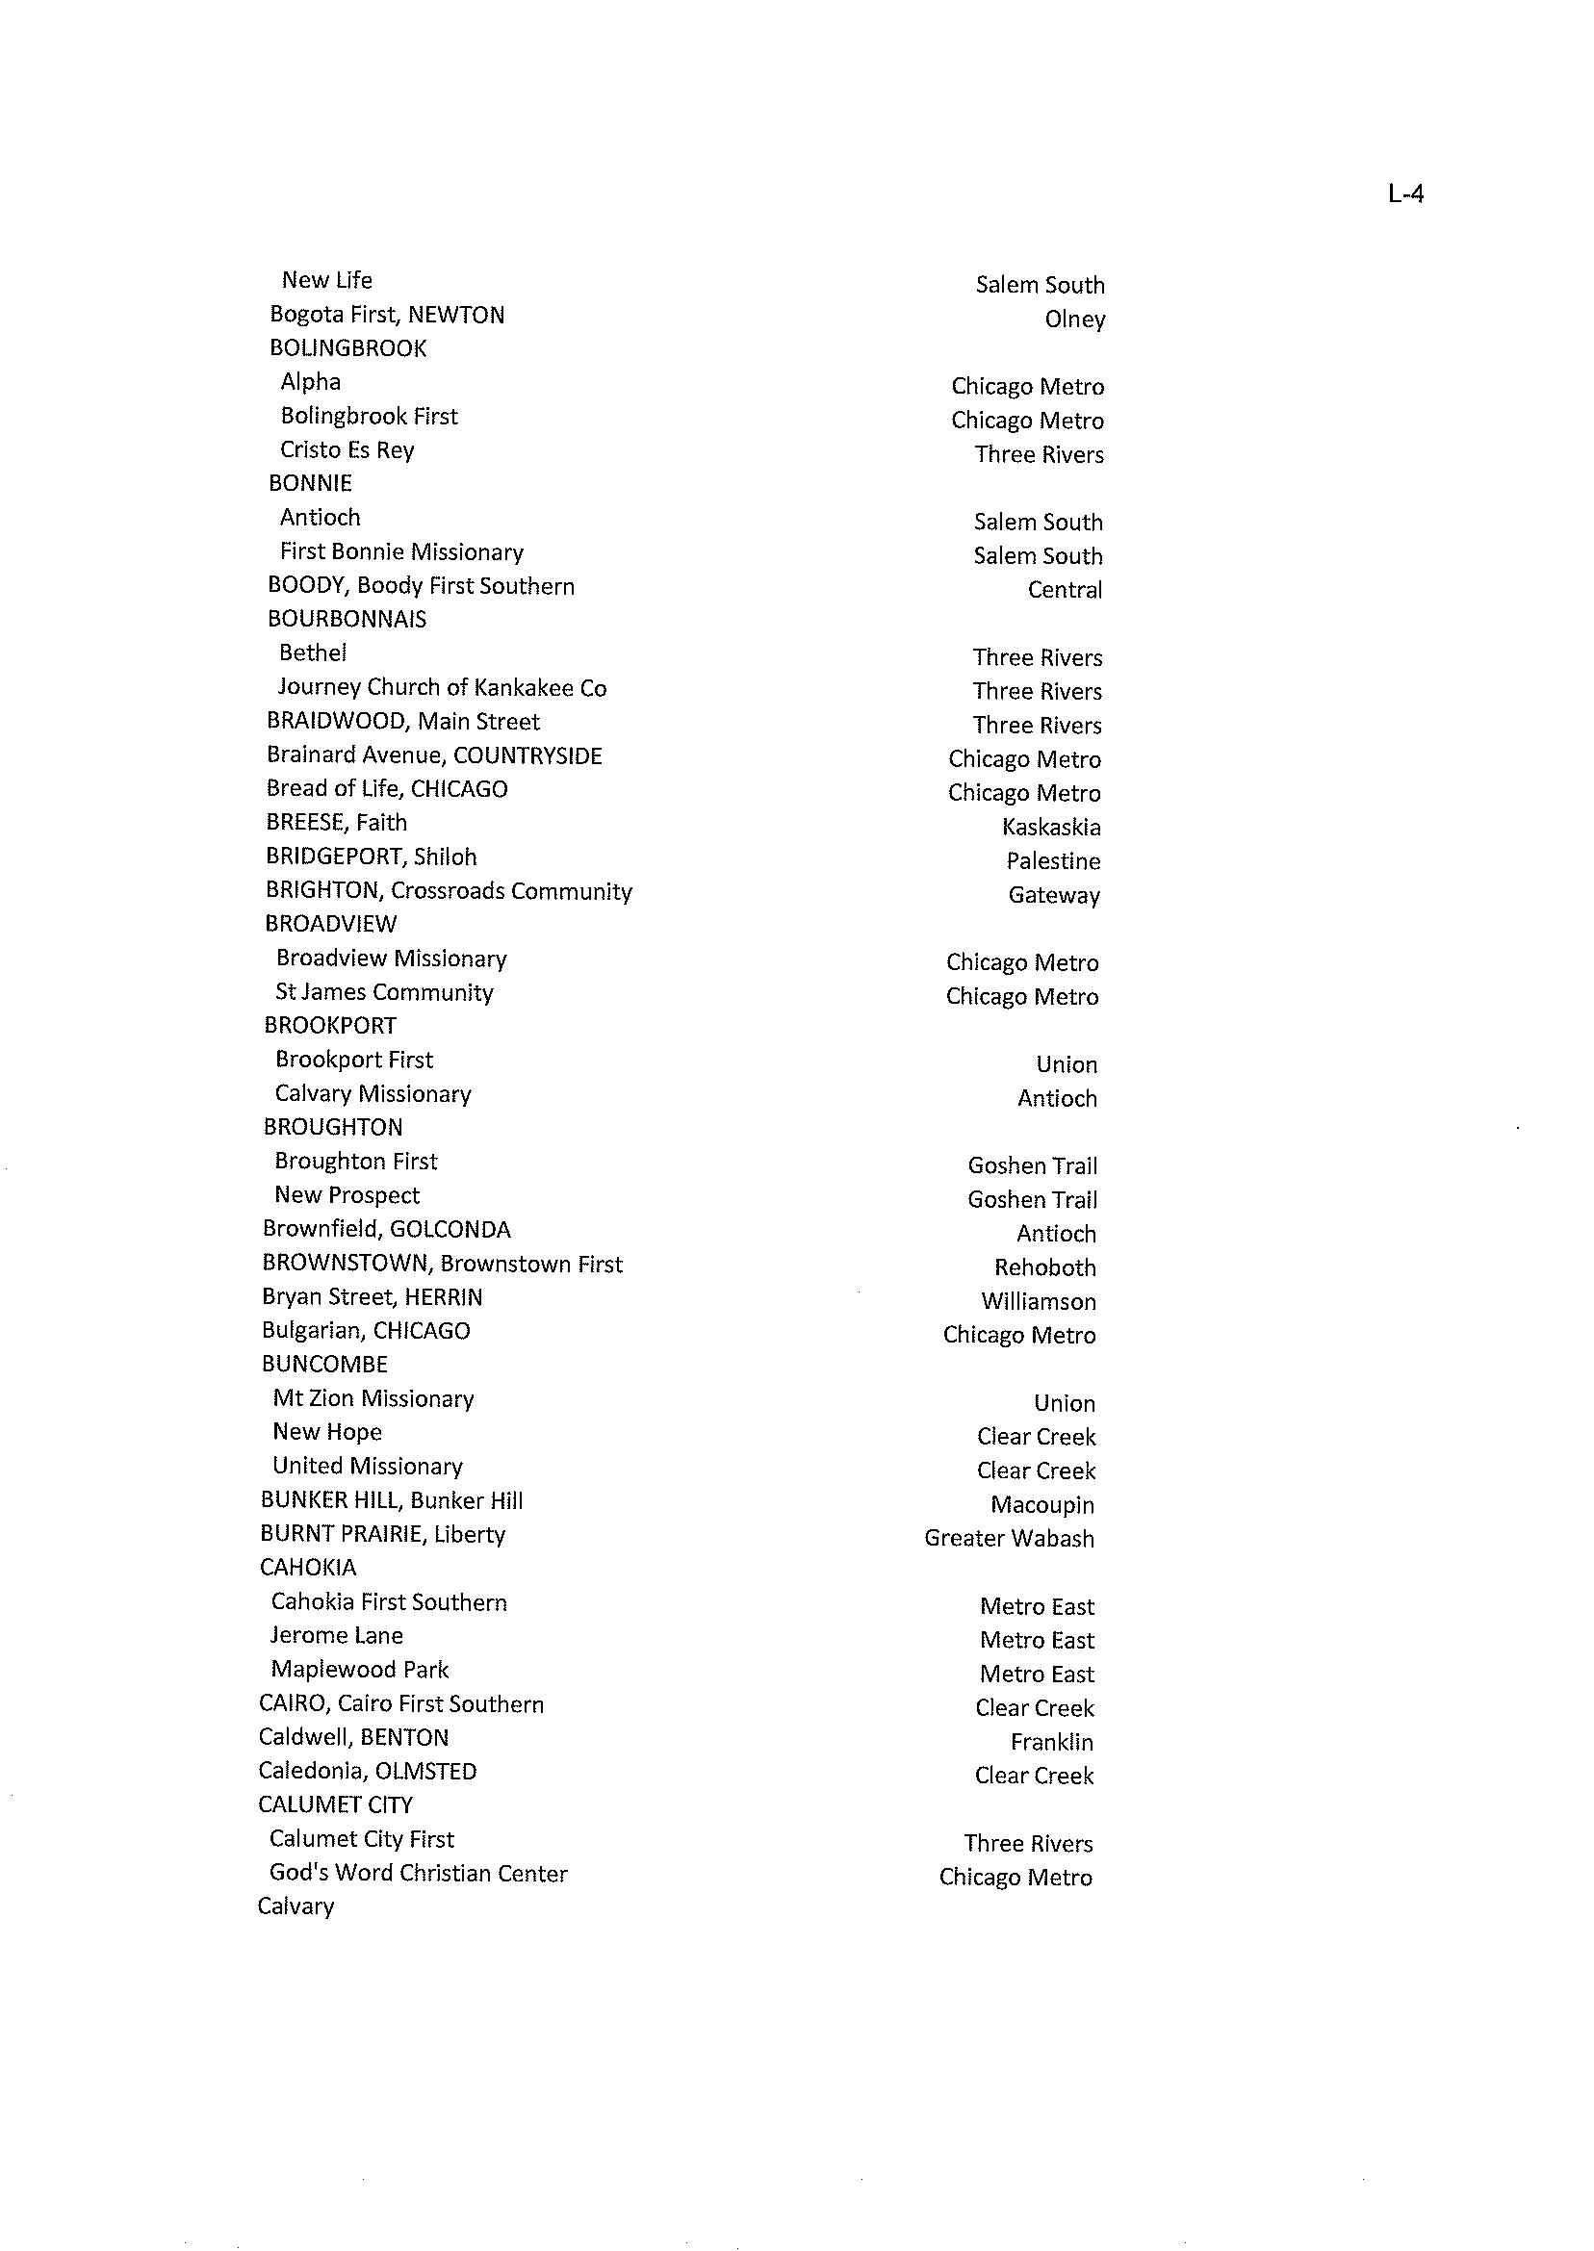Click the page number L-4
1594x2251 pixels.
1405,194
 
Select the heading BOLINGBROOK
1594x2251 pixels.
347,348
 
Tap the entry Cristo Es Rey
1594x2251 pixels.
347,449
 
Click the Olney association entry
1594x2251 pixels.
1075,320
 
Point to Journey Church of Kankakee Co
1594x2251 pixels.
442,688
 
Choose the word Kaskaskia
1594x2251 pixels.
1051,828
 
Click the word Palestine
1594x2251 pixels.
1053,861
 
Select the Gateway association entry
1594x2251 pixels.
1054,895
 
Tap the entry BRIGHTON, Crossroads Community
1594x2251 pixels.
449,891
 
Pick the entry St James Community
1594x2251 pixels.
385,992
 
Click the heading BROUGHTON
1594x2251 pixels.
333,1128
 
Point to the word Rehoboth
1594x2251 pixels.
1044,1267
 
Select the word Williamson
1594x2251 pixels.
1039,1301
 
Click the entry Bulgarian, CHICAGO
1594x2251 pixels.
366,1331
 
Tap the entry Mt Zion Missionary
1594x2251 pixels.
373,1398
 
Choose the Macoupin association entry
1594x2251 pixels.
1041,1505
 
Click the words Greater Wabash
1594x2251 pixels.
1009,1539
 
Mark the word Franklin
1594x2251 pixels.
1051,1742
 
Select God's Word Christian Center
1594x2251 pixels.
418,1873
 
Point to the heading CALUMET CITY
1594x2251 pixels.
336,1804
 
